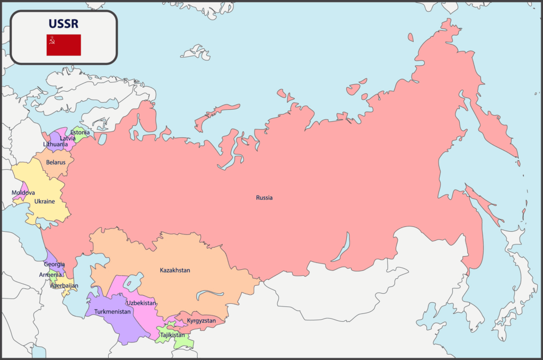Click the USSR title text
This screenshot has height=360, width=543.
64,24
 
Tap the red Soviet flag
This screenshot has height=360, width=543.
64,45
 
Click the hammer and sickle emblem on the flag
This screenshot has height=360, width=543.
52,39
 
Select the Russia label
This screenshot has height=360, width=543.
264,198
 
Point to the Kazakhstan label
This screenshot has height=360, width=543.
175,270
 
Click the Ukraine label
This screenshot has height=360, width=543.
45,201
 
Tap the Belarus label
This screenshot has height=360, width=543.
56,162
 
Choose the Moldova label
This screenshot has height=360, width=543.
23,193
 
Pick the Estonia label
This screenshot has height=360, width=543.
80,132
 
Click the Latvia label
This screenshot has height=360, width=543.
67,138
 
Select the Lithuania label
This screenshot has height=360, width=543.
55,144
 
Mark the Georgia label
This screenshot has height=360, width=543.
55,264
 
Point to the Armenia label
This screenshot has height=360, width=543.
50,275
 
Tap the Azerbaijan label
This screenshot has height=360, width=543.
64,286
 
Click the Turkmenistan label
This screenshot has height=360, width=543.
112,312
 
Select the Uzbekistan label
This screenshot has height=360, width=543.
142,303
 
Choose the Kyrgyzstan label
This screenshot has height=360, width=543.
202,321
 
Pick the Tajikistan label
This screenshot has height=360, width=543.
172,335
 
